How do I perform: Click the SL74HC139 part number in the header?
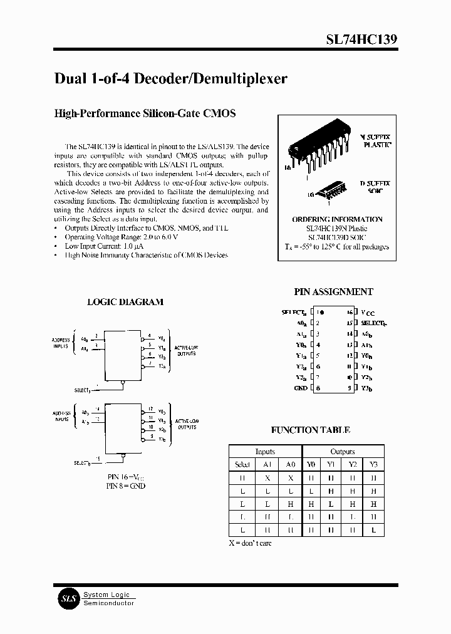point(361,39)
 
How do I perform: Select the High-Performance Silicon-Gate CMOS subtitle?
point(145,113)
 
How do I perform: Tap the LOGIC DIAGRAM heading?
point(125,301)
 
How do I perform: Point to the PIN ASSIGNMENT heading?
point(333,291)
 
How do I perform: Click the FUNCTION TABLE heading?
point(310,430)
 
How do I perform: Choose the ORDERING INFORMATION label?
point(337,219)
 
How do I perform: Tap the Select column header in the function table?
point(242,464)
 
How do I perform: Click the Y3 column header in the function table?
point(374,464)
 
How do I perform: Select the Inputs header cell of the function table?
point(265,451)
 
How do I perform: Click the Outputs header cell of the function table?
point(343,451)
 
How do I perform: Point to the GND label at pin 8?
point(301,388)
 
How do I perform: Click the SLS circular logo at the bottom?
point(67,598)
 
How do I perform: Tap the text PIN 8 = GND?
point(125,486)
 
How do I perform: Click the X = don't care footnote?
point(250,543)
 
